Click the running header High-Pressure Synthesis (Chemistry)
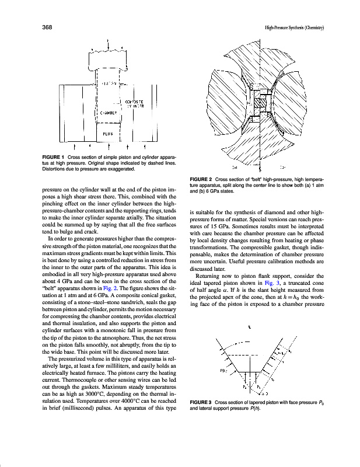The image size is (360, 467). click(x=294, y=27)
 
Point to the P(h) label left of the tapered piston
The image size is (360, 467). click(x=223, y=370)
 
